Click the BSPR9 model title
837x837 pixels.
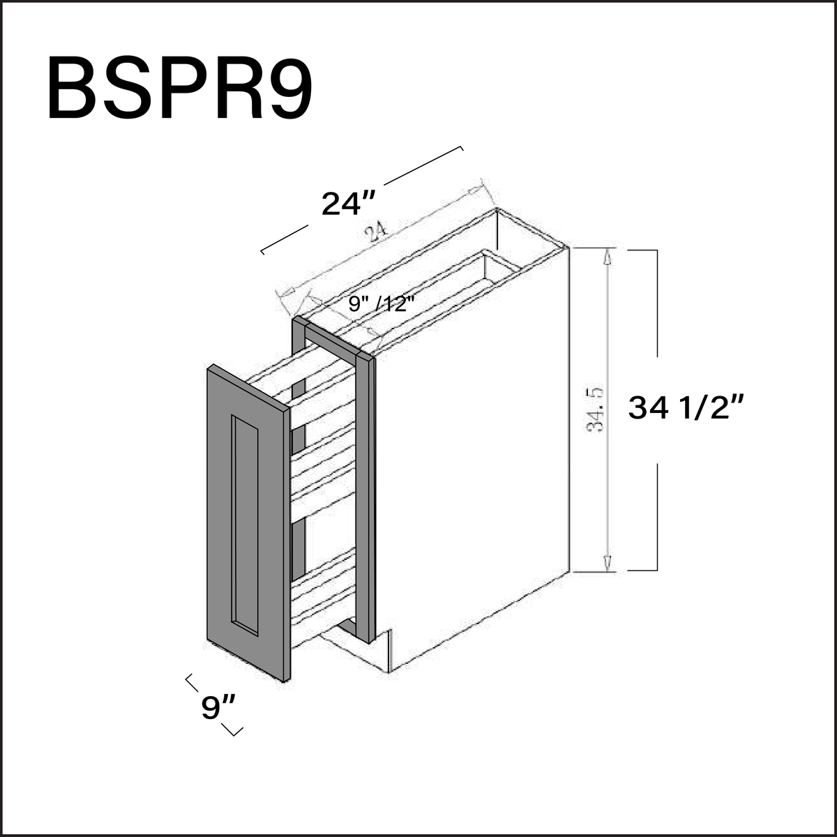point(180,87)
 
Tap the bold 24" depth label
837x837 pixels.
point(348,203)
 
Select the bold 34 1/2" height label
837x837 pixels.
point(686,408)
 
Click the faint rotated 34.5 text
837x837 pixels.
point(595,409)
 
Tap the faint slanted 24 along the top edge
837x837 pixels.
point(376,234)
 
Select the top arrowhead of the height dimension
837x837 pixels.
point(608,257)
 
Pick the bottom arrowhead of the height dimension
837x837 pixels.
point(608,562)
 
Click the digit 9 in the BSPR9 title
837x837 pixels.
point(287,87)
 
